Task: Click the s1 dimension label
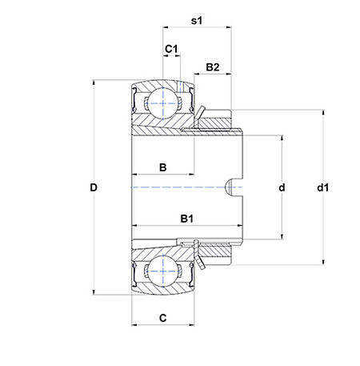coord(197,21)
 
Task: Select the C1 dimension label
coord(171,49)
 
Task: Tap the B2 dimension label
coord(213,67)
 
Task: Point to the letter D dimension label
coord(94,187)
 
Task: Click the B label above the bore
coord(162,167)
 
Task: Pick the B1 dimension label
coord(186,219)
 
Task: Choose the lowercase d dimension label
coord(282,187)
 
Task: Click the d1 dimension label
coord(322,187)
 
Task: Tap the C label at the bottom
coord(162,318)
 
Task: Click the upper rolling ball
coord(162,103)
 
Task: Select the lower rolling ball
coord(162,271)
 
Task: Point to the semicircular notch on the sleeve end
coord(230,187)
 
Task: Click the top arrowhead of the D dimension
coord(94,82)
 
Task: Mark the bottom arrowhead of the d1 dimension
coord(323,262)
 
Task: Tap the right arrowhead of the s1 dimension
coord(229,27)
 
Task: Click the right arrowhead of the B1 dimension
coord(240,226)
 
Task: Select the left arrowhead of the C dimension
coord(134,325)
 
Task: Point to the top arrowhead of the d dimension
coord(282,139)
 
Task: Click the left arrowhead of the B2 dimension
coord(198,74)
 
